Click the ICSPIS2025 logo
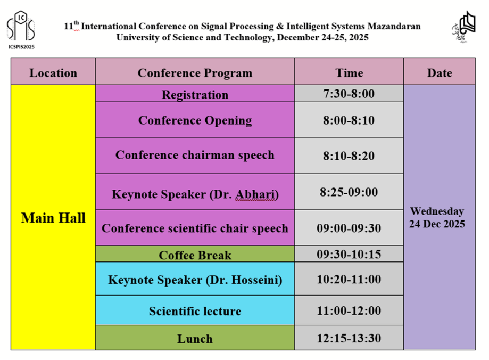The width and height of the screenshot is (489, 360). [x=21, y=30]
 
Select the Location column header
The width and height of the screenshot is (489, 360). [x=53, y=73]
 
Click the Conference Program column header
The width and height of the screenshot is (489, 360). [x=195, y=73]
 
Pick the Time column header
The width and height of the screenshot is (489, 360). [x=349, y=73]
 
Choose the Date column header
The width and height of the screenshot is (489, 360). [x=440, y=73]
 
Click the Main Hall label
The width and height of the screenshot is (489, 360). [x=53, y=218]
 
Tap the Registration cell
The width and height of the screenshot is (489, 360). [x=195, y=94]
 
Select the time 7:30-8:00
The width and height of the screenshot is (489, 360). [x=349, y=93]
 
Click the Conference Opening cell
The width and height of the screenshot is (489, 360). [x=195, y=120]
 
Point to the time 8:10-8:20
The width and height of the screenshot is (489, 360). [x=349, y=156]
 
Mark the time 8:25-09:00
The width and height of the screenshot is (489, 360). [x=349, y=192]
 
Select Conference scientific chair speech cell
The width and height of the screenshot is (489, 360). [x=195, y=227]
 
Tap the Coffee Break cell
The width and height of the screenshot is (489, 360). [x=195, y=254]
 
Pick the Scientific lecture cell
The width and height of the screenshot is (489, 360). [x=195, y=310]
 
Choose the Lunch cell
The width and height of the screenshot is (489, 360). [x=195, y=338]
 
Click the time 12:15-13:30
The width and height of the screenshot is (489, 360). [x=349, y=338]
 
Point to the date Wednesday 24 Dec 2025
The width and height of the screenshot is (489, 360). [x=437, y=218]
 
